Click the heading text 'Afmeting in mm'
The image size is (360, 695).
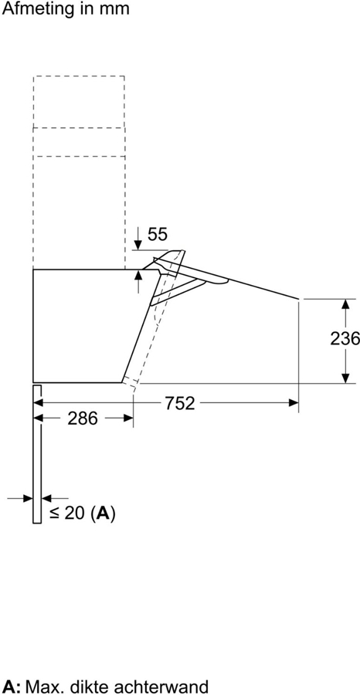65,9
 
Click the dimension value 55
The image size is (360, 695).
157,234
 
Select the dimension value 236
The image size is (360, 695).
345,338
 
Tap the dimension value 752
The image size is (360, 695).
178,402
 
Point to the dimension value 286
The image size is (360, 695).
83,419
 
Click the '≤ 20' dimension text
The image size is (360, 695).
67,513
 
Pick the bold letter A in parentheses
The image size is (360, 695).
103,513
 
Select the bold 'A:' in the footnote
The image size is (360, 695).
12,686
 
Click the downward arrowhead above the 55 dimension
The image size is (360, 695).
138,245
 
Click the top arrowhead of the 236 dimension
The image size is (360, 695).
344,302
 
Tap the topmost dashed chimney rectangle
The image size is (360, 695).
79,101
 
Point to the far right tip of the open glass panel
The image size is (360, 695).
299,297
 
